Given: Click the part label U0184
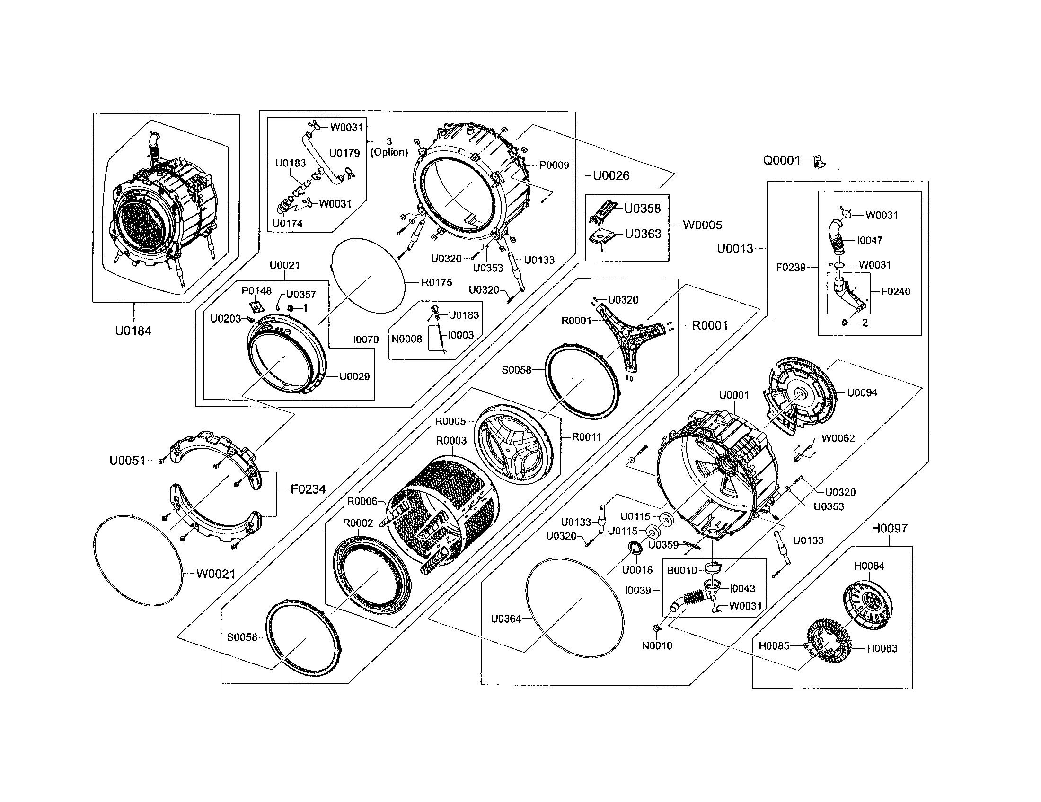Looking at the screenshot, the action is coord(133,331).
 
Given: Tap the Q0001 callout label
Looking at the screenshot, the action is coord(782,160).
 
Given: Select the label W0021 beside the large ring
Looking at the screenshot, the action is coord(216,575).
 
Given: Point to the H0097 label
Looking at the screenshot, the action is coord(890,528).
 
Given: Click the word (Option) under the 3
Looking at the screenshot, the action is coord(389,152).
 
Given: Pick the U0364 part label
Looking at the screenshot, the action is coord(506,619).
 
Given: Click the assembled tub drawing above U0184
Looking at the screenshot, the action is coord(165,209).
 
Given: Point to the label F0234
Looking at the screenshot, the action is coord(308,489).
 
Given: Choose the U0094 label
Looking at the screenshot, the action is coord(862,393).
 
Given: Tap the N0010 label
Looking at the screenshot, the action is coord(657,646).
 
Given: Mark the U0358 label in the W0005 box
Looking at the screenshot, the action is coord(643,209).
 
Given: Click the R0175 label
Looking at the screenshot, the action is coord(437,282).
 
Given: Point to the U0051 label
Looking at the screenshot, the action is coord(127,461).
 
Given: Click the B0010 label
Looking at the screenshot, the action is coord(681,570).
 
